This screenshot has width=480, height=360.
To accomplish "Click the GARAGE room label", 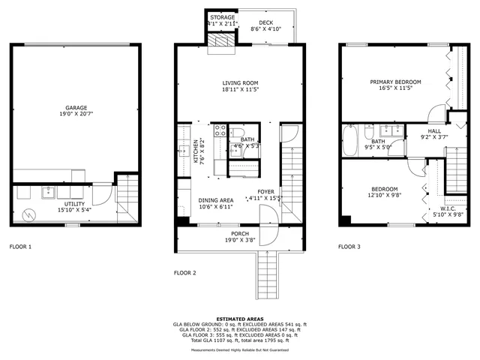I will tap(75, 107).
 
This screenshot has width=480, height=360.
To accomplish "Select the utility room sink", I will tap(48, 191).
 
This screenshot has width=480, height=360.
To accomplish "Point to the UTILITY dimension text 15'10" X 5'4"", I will tap(74, 211).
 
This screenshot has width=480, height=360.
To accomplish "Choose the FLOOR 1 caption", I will tap(20, 246).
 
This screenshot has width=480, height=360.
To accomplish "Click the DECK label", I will tap(265, 23).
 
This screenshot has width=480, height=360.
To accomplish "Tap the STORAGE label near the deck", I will tap(222, 17).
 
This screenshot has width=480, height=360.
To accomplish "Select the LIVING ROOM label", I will tap(240, 82).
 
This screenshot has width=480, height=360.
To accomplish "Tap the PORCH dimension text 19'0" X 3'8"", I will tap(240, 241).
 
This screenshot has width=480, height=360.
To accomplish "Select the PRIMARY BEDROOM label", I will tap(395, 82).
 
